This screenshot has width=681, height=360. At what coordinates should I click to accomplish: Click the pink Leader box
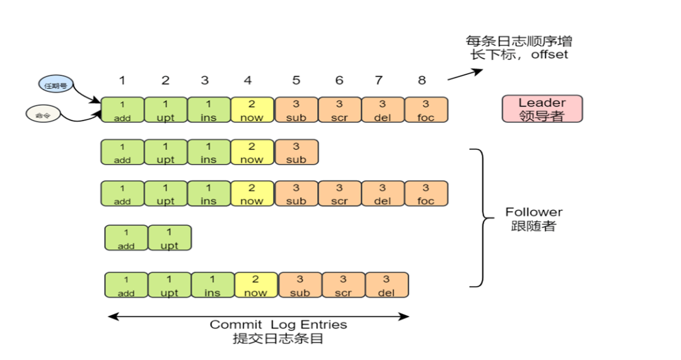[x=542, y=109]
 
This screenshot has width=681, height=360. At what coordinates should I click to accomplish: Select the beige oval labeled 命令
[x=43, y=115]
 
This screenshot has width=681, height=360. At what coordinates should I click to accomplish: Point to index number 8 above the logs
[x=422, y=80]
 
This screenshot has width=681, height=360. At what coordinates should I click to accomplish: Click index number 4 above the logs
[x=248, y=80]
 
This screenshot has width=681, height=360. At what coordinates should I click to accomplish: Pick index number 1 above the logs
[x=122, y=80]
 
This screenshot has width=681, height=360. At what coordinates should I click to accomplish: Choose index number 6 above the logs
[x=339, y=80]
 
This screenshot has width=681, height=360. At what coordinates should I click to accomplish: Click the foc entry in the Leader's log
[x=426, y=110]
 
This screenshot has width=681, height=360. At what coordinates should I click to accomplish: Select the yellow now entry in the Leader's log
[x=252, y=110]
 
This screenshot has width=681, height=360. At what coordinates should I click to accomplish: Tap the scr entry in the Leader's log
[x=339, y=110]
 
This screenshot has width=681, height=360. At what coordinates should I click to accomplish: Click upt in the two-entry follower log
[x=169, y=238]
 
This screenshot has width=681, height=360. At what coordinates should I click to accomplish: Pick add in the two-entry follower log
[x=126, y=238]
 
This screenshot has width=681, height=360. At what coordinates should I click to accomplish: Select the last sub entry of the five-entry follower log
[x=296, y=153]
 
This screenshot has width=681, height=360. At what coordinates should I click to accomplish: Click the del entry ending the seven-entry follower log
[x=386, y=285]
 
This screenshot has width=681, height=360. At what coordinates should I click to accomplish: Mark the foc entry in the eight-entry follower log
[x=426, y=194]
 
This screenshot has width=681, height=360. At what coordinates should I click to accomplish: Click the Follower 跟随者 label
[x=533, y=219]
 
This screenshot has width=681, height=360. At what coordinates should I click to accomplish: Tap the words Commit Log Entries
[x=278, y=325]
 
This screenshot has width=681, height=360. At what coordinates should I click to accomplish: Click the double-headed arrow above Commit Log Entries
[x=259, y=316]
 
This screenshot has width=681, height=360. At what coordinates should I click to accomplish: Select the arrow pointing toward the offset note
[x=465, y=74]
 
